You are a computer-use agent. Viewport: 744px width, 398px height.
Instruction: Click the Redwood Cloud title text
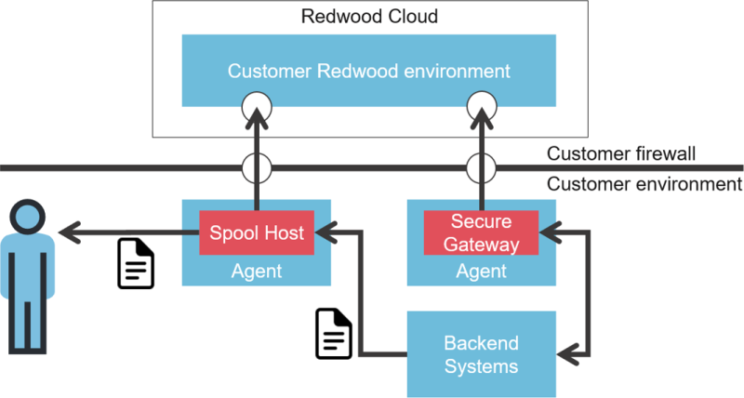pyautogui.click(x=370, y=17)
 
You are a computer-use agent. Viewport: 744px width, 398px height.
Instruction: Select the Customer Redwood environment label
pyautogui.click(x=369, y=71)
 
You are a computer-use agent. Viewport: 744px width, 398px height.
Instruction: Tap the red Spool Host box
pyautogui.click(x=258, y=232)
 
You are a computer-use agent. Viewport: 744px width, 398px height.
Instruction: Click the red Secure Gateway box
pyautogui.click(x=482, y=232)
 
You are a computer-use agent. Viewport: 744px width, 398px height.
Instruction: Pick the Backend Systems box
pyautogui.click(x=481, y=353)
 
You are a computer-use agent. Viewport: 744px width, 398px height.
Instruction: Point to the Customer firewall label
pyautogui.click(x=621, y=153)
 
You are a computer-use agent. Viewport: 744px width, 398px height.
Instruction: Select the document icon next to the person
pyautogui.click(x=136, y=263)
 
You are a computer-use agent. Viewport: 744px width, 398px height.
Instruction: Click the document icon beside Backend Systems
pyautogui.click(x=335, y=333)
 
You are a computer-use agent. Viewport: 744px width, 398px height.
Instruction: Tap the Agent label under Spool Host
pyautogui.click(x=257, y=272)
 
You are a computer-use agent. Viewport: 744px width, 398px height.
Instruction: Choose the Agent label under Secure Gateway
pyautogui.click(x=482, y=272)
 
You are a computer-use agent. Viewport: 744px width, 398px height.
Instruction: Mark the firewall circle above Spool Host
pyautogui.click(x=257, y=168)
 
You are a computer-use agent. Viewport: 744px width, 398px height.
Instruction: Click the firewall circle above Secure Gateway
pyautogui.click(x=482, y=168)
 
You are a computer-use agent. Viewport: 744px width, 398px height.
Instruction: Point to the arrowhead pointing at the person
pyautogui.click(x=67, y=232)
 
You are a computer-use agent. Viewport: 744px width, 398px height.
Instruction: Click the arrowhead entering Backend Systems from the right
pyautogui.click(x=566, y=353)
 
